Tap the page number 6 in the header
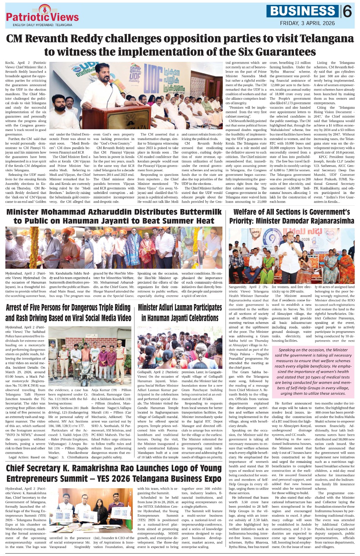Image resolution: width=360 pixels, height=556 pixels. click(x=347, y=12)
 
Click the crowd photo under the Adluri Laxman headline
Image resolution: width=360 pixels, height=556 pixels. click(x=180, y=346)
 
